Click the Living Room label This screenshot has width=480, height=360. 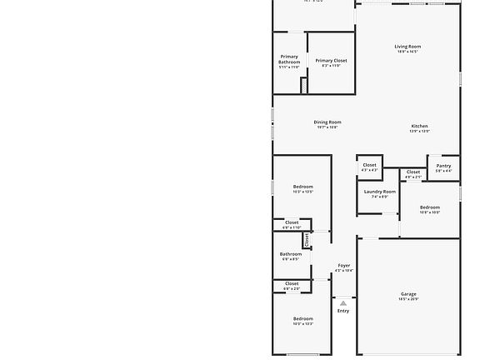407,47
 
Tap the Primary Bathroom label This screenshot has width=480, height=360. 289,59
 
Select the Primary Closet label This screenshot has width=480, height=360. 331,61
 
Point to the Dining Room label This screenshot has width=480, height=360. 327,122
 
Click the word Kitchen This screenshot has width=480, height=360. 419,127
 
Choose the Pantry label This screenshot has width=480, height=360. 443,166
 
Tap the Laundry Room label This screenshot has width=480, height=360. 379,192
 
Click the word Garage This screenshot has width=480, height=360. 408,294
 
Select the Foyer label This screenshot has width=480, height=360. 343,266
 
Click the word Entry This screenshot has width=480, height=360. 343,311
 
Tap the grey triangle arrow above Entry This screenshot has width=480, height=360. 343,303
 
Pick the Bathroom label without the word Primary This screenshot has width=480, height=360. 291,254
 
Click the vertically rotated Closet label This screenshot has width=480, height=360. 307,240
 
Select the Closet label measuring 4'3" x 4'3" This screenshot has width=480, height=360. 369,165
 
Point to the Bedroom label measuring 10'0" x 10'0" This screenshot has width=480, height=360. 430,207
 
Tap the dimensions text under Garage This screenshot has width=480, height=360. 408,299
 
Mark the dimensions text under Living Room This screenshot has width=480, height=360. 407,52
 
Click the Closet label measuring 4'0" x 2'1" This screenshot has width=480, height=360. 413,172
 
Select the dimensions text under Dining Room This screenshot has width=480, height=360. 327,127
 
